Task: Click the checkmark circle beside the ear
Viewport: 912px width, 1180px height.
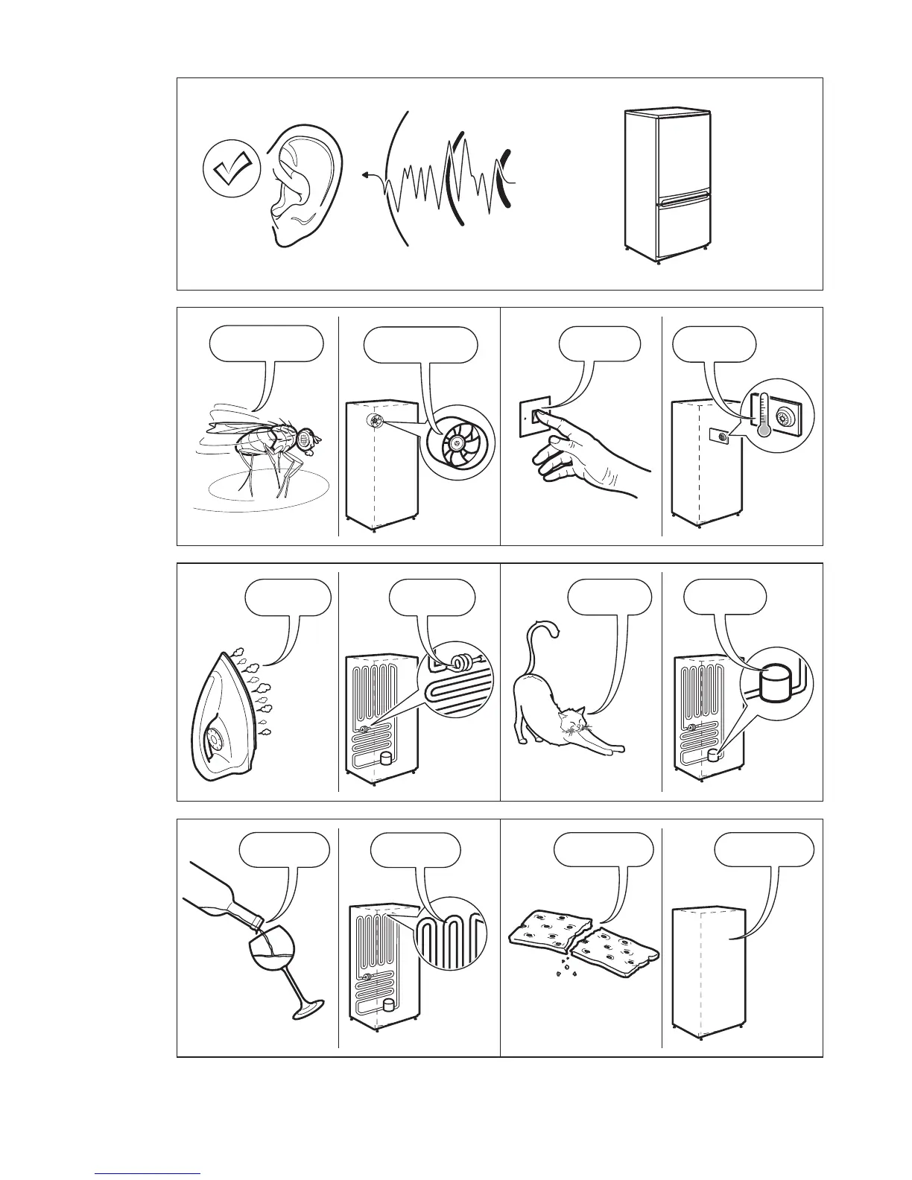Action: [x=232, y=170]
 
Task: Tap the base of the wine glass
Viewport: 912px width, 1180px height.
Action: [x=306, y=1009]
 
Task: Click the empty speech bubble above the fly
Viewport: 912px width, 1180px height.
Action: [x=267, y=343]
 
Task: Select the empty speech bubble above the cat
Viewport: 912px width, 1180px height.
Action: [x=609, y=597]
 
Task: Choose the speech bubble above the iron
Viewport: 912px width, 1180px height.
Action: [x=288, y=597]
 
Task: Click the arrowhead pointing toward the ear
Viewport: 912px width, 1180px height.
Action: [x=365, y=176]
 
